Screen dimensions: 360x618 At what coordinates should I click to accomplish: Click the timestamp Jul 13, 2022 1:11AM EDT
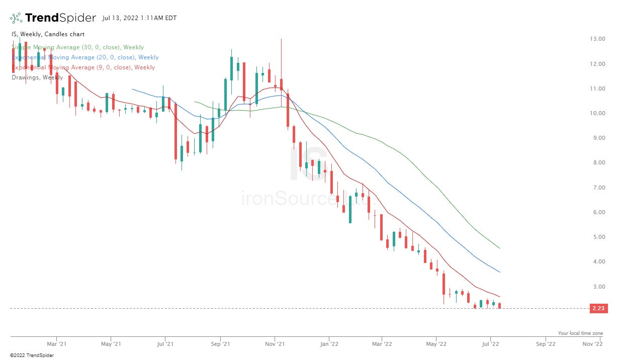[139, 18]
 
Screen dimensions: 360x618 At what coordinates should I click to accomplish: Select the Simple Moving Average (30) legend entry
[77, 47]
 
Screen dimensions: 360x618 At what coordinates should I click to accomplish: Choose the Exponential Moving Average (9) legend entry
[83, 67]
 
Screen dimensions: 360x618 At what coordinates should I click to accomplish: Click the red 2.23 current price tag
[597, 309]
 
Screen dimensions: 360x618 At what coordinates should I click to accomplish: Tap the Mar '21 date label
[56, 344]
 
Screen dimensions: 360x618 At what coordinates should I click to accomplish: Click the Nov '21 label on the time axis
[275, 344]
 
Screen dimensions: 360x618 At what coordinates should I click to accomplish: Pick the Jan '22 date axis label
[329, 344]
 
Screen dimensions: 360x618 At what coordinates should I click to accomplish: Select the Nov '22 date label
[592, 344]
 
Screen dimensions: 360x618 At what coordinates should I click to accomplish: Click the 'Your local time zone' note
[580, 333]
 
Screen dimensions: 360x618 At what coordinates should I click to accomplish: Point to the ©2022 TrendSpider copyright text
[31, 355]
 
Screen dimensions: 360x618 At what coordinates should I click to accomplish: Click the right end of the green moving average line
[499, 248]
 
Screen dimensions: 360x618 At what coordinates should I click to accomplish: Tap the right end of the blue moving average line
[499, 272]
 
